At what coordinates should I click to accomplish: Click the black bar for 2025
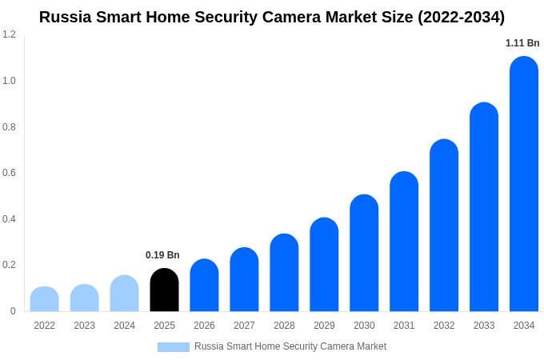(164, 290)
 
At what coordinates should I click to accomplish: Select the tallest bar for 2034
(524, 184)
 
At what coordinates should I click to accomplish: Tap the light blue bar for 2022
(45, 299)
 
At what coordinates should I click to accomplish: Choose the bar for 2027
(244, 279)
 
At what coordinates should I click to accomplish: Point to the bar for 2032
(444, 226)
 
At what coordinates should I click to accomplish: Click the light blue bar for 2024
(124, 294)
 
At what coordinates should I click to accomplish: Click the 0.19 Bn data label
(162, 255)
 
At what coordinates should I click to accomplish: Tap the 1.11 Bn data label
(522, 43)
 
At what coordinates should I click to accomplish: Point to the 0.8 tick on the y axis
(9, 126)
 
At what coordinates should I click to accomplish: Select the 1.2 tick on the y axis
(9, 34)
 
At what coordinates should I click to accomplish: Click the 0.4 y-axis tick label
(9, 219)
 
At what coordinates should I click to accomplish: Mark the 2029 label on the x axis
(324, 326)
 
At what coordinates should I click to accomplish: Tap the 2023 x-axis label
(84, 326)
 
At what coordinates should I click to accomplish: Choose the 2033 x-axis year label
(484, 326)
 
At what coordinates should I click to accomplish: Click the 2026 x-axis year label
(204, 326)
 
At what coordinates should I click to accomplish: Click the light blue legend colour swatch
(174, 347)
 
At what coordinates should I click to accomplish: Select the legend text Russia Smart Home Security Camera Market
(290, 346)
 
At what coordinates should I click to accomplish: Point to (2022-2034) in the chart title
(461, 17)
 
